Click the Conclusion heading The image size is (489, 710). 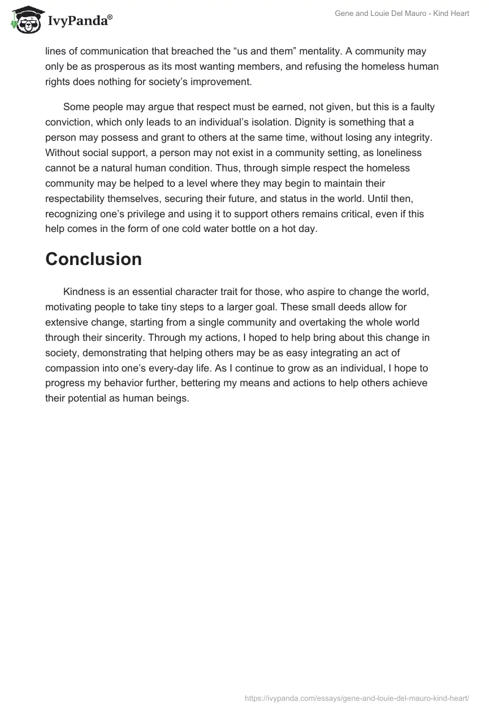tap(94, 259)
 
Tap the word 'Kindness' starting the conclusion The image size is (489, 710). tap(85, 292)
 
